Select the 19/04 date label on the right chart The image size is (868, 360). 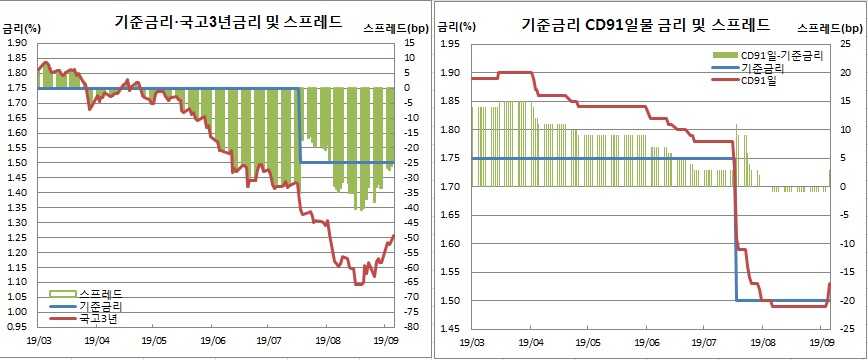click(530, 342)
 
